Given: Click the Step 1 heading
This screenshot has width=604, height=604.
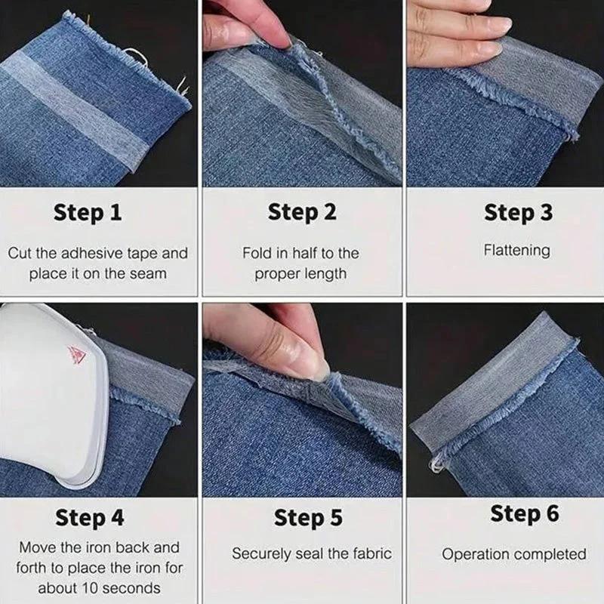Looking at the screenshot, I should [x=87, y=213].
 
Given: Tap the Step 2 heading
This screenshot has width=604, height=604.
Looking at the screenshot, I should [x=302, y=213].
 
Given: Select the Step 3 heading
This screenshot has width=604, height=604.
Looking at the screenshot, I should [x=517, y=213].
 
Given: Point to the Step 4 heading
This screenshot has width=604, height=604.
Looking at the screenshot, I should [x=89, y=518].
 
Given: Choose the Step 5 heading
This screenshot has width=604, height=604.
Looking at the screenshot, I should [x=308, y=518].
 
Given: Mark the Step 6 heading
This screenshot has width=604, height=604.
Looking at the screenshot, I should [x=525, y=514].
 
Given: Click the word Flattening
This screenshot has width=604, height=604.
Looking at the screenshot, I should [x=517, y=250].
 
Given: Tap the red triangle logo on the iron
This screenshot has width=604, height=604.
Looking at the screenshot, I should [x=76, y=354].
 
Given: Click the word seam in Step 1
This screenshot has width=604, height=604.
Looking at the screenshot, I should [x=148, y=273].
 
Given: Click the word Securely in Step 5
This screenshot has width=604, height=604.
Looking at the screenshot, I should [x=261, y=553].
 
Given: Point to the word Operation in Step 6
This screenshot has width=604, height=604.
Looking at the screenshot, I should [x=476, y=554].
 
